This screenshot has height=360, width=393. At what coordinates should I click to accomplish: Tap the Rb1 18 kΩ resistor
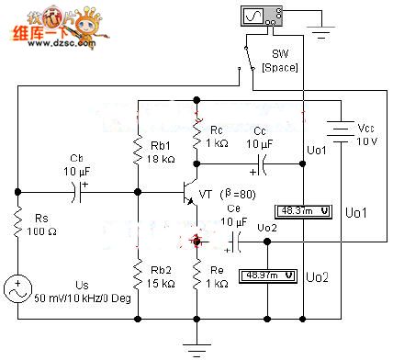click(138, 150)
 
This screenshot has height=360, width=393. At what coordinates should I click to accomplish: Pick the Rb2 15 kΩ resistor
click(138, 275)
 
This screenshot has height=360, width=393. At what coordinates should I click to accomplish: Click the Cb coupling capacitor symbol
click(77, 192)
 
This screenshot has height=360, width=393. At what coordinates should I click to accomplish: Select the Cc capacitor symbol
click(261, 164)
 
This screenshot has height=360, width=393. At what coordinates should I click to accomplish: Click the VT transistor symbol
click(191, 193)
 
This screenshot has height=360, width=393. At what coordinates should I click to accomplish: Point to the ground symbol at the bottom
click(196, 344)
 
